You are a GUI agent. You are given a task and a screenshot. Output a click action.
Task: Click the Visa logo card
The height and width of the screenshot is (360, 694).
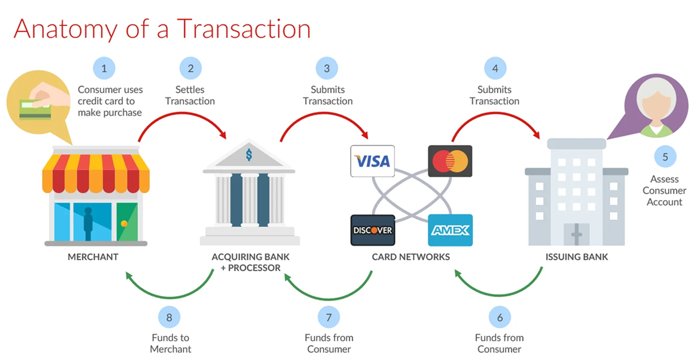(x=372, y=161)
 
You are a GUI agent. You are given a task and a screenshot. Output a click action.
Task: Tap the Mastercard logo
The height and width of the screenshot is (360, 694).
(x=450, y=161)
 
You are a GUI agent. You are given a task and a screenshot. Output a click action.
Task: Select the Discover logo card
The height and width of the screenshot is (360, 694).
(x=372, y=230)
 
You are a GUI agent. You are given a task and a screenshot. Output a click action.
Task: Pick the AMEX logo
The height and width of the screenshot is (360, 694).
(x=450, y=230)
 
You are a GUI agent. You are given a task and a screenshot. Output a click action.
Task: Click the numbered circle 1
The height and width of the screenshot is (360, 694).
(x=104, y=69)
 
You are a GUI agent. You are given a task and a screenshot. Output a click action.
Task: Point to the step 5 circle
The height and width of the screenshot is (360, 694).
(x=665, y=157)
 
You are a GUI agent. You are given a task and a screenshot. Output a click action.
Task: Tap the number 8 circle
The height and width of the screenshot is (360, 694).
(x=169, y=317)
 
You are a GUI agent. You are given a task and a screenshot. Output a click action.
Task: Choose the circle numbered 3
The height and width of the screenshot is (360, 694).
(x=327, y=69)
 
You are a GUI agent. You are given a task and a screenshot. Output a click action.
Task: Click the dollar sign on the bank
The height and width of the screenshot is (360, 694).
(x=249, y=155)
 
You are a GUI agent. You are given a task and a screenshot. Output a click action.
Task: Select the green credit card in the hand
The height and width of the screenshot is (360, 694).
(x=35, y=110)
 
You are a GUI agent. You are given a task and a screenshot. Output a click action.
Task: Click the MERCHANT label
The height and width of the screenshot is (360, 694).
(x=93, y=257)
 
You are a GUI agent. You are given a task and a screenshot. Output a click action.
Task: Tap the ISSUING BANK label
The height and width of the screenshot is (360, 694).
(x=577, y=257)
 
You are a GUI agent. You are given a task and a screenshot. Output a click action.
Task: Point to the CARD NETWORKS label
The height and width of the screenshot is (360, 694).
(x=411, y=257)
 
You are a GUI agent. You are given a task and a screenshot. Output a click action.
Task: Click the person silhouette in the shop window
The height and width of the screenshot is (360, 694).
(x=88, y=224)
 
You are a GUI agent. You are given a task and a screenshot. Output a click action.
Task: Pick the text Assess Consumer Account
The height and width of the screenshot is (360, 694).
(x=664, y=190)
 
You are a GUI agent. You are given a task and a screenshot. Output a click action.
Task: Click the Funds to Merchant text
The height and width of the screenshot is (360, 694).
(x=171, y=343)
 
